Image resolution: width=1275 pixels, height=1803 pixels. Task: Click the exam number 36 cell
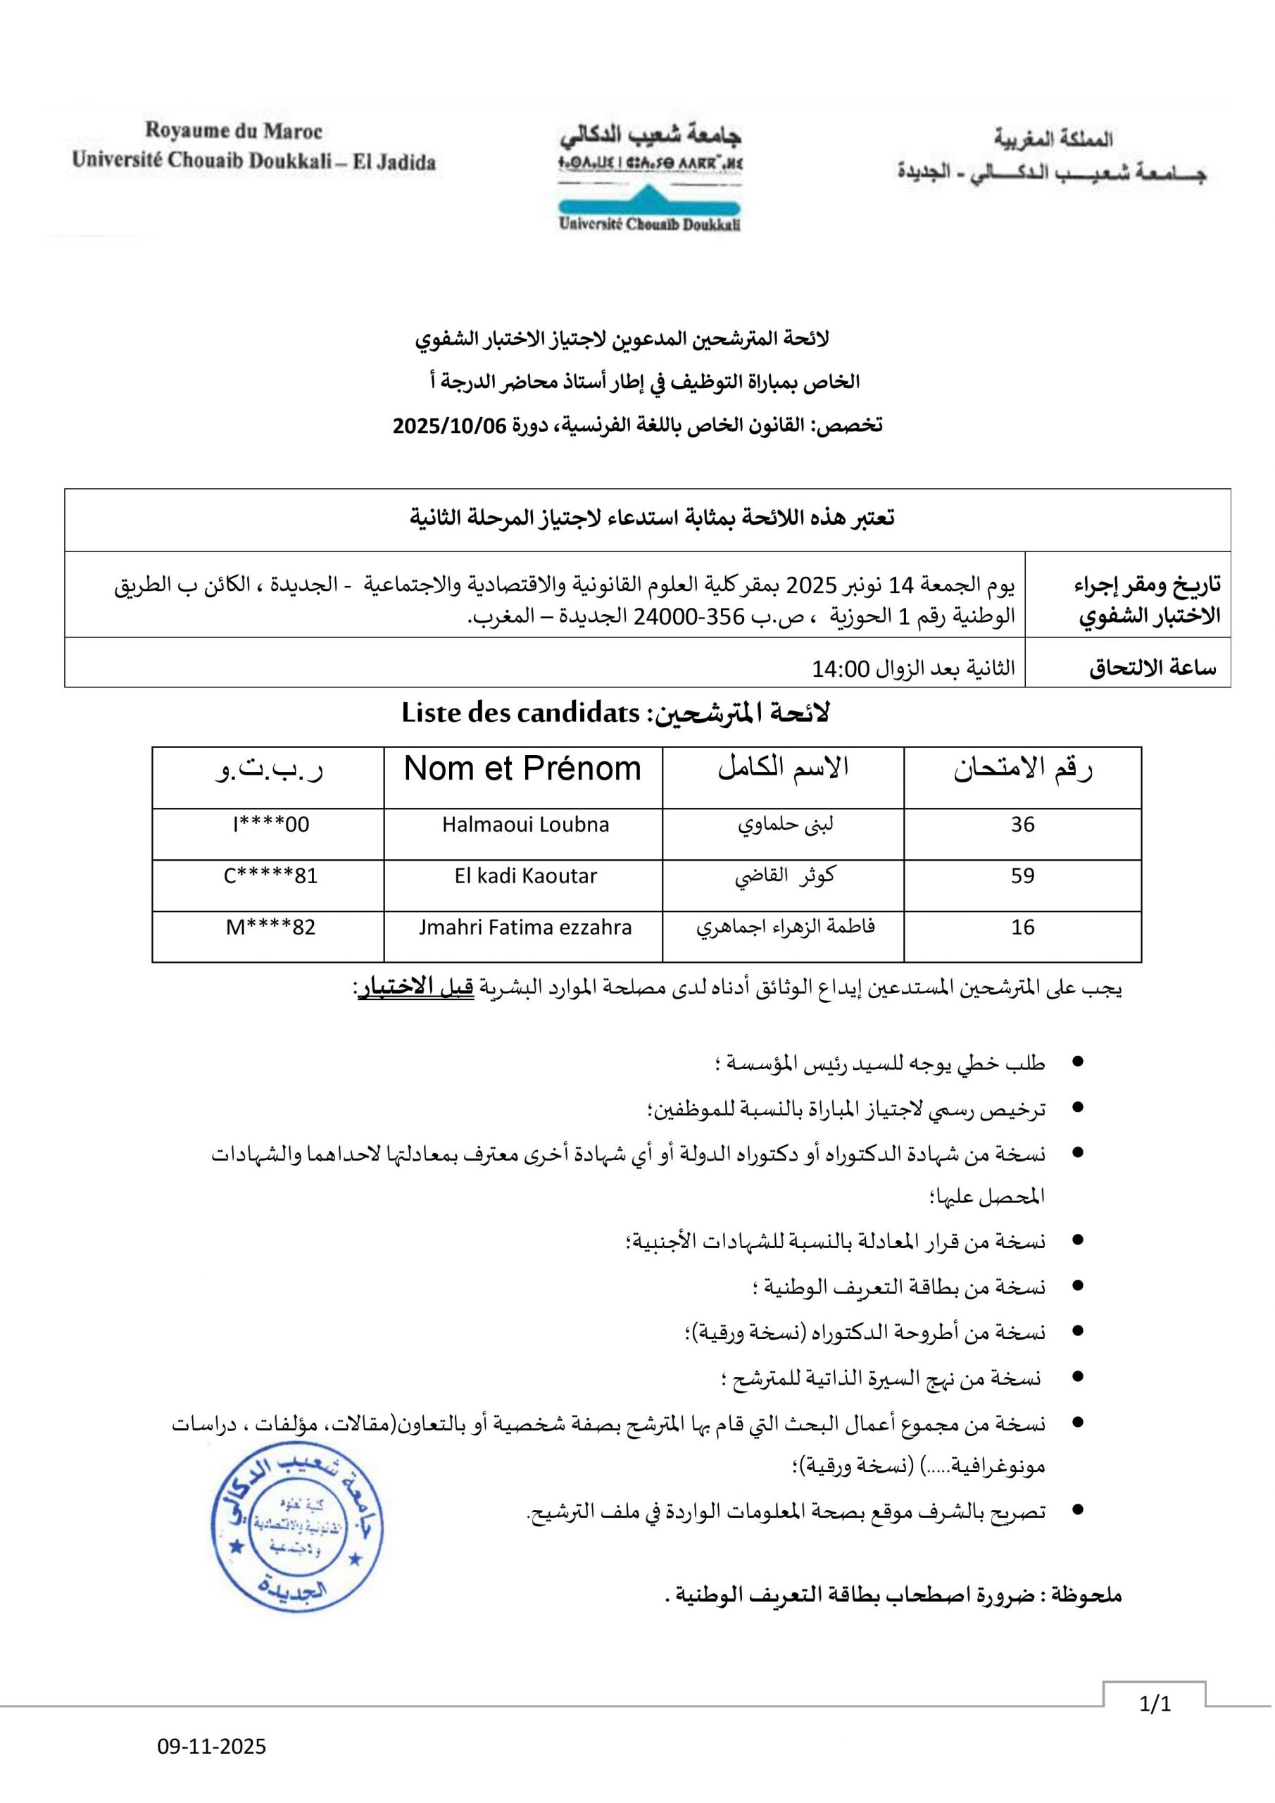tap(1022, 825)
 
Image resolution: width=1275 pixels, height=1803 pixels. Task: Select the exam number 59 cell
tap(1022, 875)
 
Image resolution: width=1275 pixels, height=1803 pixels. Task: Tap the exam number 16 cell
tap(1022, 928)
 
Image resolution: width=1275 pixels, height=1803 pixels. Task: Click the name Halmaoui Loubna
tap(525, 825)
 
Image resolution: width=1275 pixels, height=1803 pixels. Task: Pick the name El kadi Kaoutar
tap(525, 875)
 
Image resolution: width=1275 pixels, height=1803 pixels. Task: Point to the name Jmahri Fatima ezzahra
tap(525, 928)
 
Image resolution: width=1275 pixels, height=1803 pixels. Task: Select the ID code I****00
tap(271, 825)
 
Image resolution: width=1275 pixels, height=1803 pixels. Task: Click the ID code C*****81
tap(271, 875)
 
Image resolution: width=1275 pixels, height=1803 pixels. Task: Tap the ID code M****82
tap(271, 928)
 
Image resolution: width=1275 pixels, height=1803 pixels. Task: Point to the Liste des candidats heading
tap(520, 713)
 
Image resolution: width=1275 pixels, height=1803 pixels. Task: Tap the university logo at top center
tap(650, 179)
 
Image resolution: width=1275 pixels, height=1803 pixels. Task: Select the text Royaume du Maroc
tap(233, 131)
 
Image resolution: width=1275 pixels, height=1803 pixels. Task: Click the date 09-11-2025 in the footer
tap(212, 1747)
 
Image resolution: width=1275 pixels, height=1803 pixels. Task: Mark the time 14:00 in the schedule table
tap(841, 669)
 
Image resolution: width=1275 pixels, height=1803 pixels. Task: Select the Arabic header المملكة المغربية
tap(1053, 139)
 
